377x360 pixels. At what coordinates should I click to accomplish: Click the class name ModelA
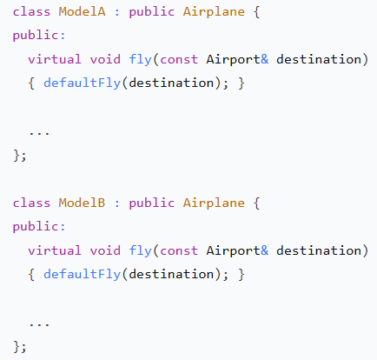pos(82,12)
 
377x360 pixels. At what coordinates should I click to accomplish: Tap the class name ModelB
pos(82,203)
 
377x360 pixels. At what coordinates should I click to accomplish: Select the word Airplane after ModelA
pos(214,12)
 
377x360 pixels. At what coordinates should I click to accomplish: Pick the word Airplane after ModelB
pos(214,203)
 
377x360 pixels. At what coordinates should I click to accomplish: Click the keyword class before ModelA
pos(31,12)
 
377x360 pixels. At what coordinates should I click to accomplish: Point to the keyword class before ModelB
pos(31,203)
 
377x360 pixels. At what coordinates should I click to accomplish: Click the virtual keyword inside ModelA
pos(55,59)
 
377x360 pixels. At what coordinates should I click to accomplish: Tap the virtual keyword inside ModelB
pos(55,250)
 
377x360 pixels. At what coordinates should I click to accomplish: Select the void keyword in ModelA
pos(105,59)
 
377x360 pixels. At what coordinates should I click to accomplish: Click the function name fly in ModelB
pos(140,251)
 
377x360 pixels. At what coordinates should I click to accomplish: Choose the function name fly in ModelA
pos(140,60)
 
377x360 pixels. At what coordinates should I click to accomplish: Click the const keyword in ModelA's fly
pos(179,60)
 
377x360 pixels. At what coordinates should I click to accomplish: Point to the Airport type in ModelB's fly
pos(234,251)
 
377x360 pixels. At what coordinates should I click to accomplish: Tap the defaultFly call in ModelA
pos(82,83)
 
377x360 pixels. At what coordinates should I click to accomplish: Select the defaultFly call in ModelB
pos(82,275)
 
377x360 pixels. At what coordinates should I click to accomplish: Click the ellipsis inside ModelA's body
pos(39,133)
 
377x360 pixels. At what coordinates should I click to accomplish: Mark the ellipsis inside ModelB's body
pos(39,324)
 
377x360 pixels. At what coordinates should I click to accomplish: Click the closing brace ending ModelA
pos(17,156)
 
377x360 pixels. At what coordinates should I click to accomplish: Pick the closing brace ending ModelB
pos(17,347)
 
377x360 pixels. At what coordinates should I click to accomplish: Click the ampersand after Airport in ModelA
pos(264,59)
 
